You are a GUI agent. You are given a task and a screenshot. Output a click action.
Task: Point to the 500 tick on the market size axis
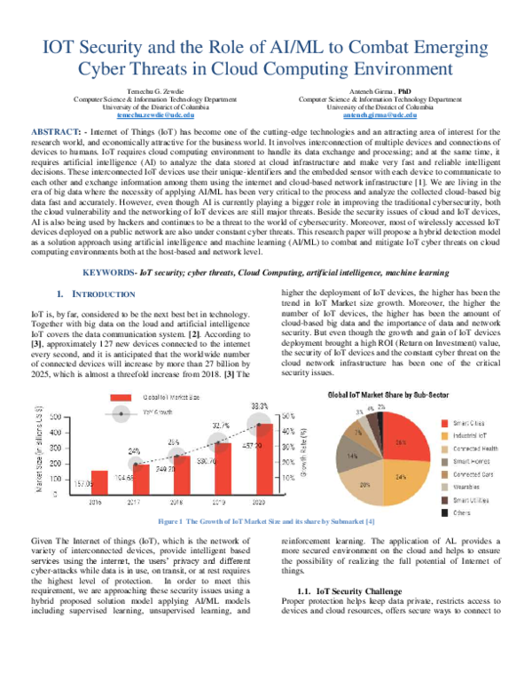[55, 416]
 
